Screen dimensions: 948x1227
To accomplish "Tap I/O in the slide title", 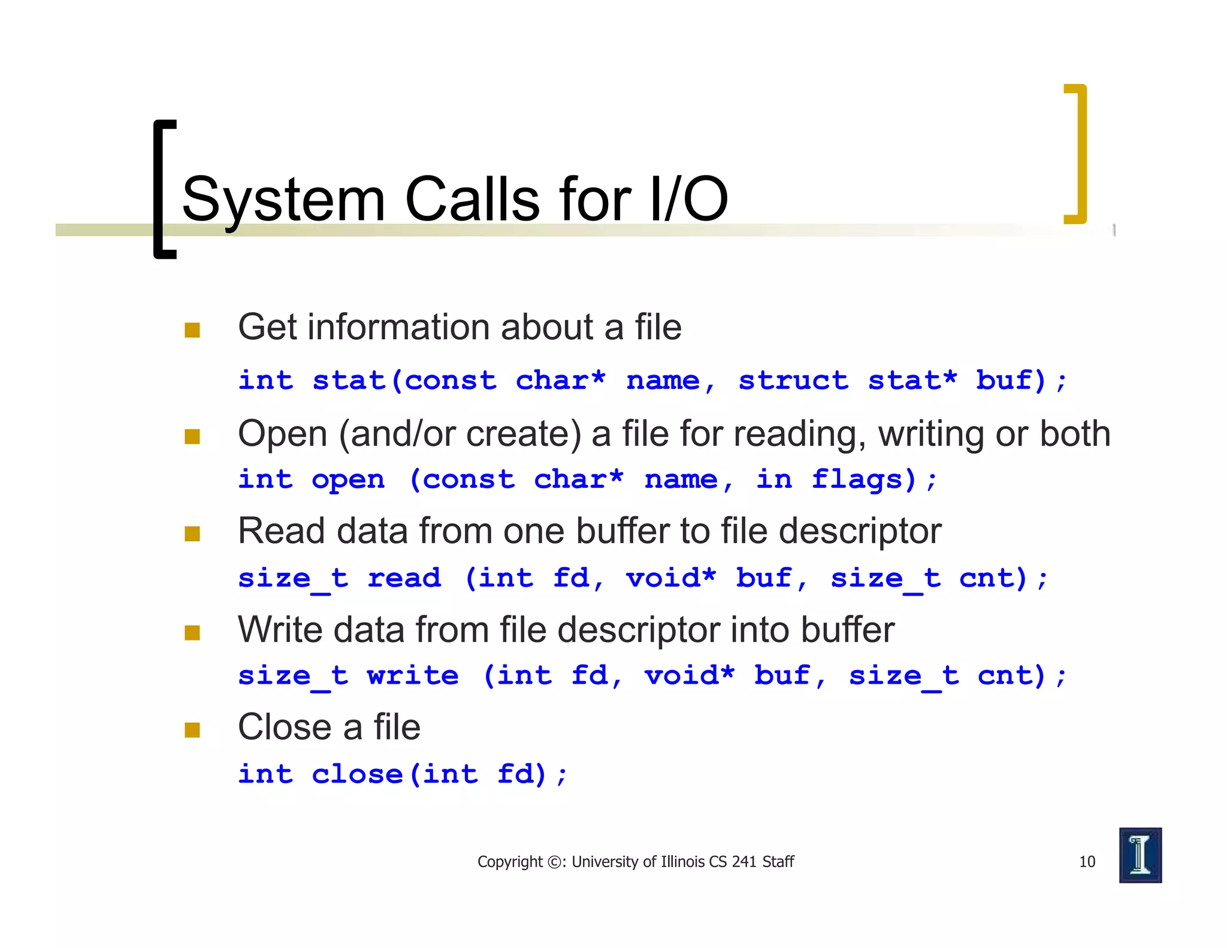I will tap(688, 199).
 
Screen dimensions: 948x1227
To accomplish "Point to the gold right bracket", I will tap(1077, 154).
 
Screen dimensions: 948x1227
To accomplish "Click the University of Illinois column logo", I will tap(1140, 855).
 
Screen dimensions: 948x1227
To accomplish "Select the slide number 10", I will tap(1087, 862).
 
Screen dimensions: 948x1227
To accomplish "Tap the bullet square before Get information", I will tap(192, 330).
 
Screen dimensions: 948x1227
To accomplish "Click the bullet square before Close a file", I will tap(192, 730).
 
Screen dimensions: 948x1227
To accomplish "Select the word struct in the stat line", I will tap(793, 381).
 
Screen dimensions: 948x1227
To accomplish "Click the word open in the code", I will tap(348, 480).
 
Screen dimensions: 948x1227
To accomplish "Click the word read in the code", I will tap(404, 578).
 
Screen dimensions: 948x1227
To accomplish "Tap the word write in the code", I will tap(413, 676).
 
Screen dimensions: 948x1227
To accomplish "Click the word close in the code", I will tap(357, 774).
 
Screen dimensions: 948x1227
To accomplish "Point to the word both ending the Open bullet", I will tap(1075, 433).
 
